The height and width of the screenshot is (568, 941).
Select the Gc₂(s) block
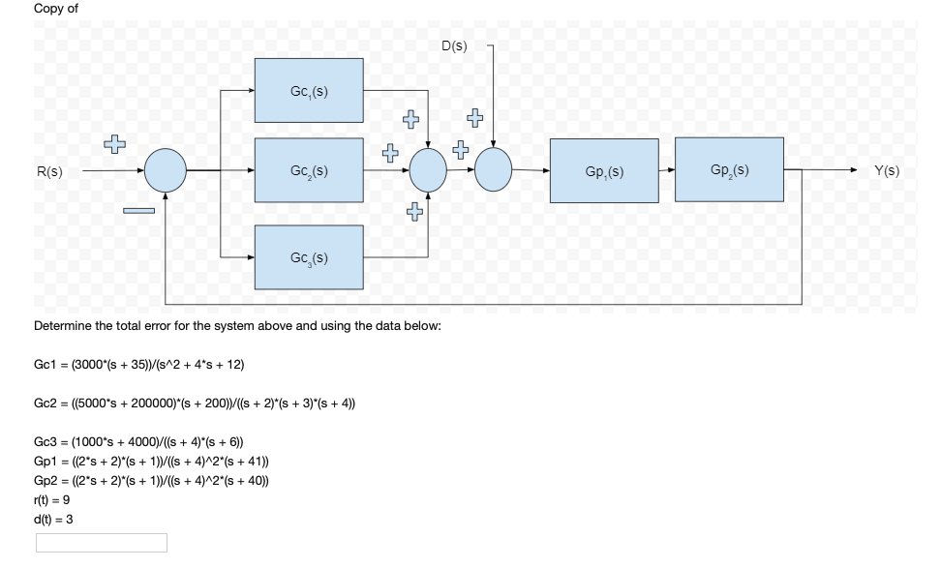309,170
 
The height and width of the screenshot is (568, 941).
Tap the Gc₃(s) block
309,256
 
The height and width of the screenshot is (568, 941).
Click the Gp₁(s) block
604,170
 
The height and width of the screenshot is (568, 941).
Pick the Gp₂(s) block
729,169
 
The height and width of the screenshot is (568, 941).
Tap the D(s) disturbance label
454,45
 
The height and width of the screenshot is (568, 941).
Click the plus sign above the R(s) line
115,144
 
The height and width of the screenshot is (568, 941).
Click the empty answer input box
102,543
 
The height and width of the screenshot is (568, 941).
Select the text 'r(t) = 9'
52,500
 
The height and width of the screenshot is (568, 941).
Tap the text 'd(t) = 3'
53,519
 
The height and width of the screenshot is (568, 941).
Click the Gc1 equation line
138,364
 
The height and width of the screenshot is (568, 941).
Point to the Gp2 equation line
151,481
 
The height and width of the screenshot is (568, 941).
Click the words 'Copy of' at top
56,8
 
